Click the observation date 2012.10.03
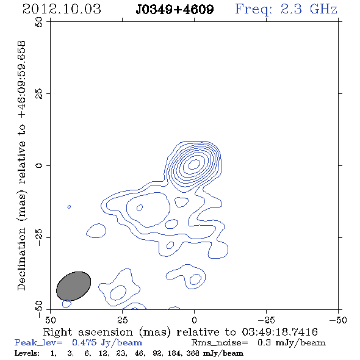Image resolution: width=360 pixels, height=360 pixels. click(62, 9)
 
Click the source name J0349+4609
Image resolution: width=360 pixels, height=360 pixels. click(175, 10)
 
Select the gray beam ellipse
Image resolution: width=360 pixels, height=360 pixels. click(73, 286)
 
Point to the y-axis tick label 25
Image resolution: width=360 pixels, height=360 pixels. click(39, 94)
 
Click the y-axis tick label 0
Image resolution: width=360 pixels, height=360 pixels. click(39, 165)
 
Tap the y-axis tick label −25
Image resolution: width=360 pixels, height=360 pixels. click(39, 237)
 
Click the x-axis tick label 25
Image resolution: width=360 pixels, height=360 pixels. click(123, 320)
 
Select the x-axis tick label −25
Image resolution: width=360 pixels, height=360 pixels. click(266, 320)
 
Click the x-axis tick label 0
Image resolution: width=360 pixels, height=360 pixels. click(194, 320)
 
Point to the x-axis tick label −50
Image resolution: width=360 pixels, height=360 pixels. click(338, 320)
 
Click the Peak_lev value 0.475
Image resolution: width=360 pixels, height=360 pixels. click(84, 342)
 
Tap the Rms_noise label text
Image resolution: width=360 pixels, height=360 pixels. click(220, 342)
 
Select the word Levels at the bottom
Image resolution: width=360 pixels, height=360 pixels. click(27, 353)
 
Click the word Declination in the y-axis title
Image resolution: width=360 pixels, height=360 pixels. click(21, 259)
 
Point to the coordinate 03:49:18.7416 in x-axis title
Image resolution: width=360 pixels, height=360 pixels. click(279, 332)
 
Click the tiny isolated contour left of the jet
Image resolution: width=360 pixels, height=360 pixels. click(69, 207)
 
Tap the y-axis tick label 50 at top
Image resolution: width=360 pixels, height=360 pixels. click(39, 22)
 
